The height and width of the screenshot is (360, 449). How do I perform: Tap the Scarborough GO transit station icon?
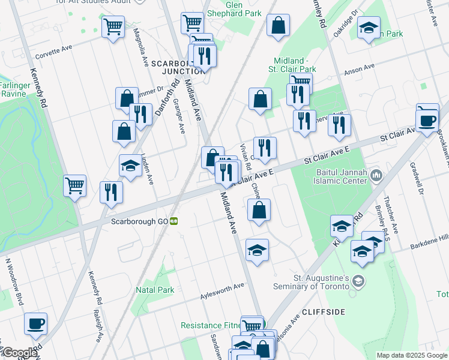(173, 221)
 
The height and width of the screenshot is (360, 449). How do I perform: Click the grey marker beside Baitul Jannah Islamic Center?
(377, 175)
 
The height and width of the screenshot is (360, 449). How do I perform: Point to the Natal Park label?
(154, 290)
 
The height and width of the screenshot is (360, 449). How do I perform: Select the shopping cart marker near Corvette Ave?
(112, 27)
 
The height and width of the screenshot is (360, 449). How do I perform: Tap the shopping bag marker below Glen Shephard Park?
(278, 26)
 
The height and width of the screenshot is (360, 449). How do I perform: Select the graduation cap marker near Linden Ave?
(130, 165)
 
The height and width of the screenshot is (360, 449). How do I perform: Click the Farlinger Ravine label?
(13, 89)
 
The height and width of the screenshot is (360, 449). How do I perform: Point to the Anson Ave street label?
(359, 69)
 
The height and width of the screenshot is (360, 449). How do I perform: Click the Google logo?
(19, 353)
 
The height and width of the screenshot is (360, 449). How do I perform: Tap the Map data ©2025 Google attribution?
(411, 355)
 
